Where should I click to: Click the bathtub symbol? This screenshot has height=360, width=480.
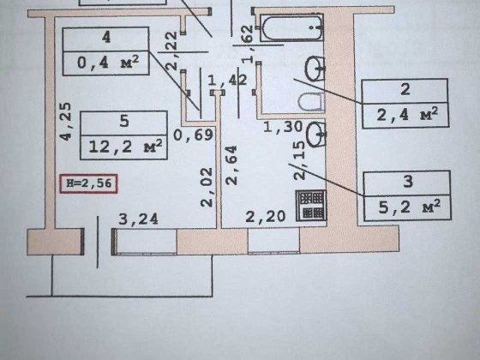pyautogui.click(x=291, y=27)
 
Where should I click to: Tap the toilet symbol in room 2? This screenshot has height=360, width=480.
pyautogui.click(x=311, y=102)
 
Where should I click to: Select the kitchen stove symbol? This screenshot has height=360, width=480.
pyautogui.click(x=311, y=205)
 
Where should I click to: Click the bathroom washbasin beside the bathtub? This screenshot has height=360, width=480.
pyautogui.click(x=315, y=69)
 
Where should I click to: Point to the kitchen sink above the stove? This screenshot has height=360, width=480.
pyautogui.click(x=316, y=135)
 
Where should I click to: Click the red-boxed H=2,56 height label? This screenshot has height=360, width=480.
pyautogui.click(x=88, y=183)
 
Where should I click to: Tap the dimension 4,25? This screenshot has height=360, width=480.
pyautogui.click(x=66, y=122)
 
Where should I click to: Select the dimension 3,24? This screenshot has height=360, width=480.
pyautogui.click(x=138, y=219)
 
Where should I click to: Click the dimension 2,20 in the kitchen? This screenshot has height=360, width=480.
pyautogui.click(x=266, y=217)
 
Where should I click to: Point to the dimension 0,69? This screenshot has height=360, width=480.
pyautogui.click(x=193, y=135)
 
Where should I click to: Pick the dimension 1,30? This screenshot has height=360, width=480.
pyautogui.click(x=283, y=127)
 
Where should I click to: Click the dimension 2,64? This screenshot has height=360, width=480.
pyautogui.click(x=231, y=165)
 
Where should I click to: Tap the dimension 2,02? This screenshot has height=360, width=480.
pyautogui.click(x=207, y=188)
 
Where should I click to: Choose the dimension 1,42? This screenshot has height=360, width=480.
pyautogui.click(x=227, y=81)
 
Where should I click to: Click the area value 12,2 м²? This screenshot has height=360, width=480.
pyautogui.click(x=125, y=147)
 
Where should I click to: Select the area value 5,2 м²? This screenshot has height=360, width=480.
pyautogui.click(x=410, y=207)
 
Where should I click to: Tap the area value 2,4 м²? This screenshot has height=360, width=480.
pyautogui.click(x=407, y=115)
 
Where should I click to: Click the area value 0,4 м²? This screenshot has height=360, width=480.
pyautogui.click(x=108, y=63)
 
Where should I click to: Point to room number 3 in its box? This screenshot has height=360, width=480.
pyautogui.click(x=408, y=182)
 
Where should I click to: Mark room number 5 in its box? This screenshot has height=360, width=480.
pyautogui.click(x=124, y=121)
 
